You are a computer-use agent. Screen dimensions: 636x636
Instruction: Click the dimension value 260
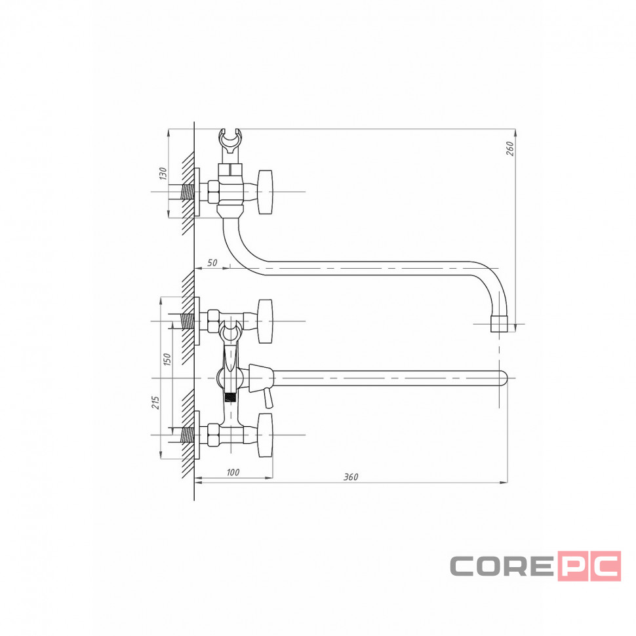(x=510, y=148)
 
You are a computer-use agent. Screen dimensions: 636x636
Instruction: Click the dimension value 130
(x=163, y=174)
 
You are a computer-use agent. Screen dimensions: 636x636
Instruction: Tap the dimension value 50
(x=212, y=263)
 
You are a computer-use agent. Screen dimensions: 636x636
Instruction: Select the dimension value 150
(x=167, y=359)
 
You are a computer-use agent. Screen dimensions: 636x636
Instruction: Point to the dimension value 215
(x=155, y=403)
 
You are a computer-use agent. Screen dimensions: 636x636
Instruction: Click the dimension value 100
(x=233, y=472)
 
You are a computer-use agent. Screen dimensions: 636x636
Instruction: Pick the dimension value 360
(x=351, y=477)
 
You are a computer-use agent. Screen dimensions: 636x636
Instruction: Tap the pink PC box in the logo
(x=589, y=566)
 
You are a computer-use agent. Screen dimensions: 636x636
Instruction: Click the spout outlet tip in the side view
(x=499, y=324)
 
